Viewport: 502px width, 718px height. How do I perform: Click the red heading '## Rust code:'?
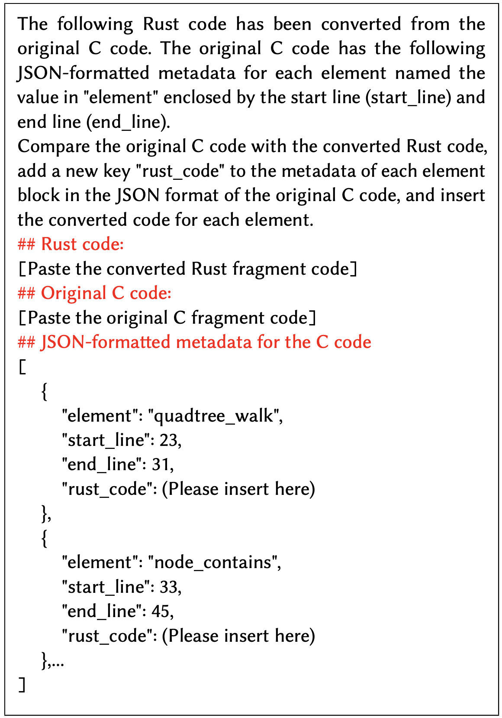(x=71, y=244)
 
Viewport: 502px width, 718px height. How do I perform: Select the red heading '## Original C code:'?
(x=94, y=293)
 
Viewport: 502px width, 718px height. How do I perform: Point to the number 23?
(x=168, y=440)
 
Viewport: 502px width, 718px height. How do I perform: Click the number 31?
(x=161, y=465)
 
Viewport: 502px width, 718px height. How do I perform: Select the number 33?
(x=168, y=587)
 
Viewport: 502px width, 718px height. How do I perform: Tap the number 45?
(x=161, y=611)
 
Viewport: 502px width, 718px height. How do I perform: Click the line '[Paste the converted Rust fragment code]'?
(x=188, y=269)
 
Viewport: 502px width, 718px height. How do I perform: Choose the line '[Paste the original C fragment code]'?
(x=167, y=318)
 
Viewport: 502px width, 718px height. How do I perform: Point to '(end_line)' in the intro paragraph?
(x=126, y=122)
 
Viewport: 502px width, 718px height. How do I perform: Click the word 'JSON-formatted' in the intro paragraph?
(x=83, y=73)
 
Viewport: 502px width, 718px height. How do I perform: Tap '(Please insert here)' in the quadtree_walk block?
(x=238, y=489)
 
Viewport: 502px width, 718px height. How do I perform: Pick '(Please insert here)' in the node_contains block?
(x=238, y=636)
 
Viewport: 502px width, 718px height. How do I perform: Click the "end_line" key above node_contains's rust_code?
(x=102, y=611)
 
